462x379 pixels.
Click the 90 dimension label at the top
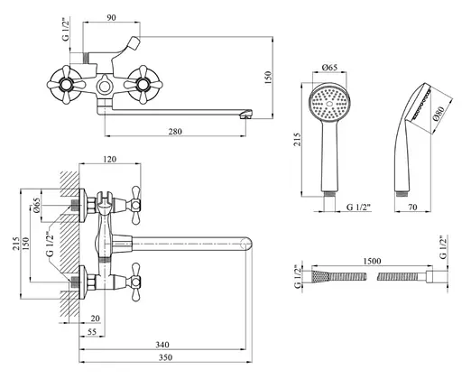click(x=111, y=17)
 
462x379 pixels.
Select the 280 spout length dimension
click(x=175, y=132)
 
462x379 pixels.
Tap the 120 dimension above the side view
click(x=109, y=159)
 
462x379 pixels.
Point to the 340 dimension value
click(x=162, y=345)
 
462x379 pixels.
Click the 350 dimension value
click(x=165, y=357)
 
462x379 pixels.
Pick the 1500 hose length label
click(x=372, y=261)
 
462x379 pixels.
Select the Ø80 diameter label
click(x=439, y=114)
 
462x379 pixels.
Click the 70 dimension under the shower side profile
click(x=412, y=207)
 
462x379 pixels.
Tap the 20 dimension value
click(x=95, y=319)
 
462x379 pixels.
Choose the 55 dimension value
click(x=92, y=331)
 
